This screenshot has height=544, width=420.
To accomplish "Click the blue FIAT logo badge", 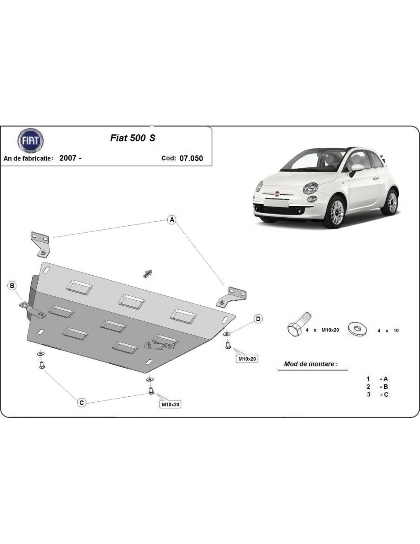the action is point(31,140).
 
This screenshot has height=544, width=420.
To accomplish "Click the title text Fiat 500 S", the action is point(132,138).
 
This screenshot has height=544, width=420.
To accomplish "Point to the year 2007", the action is point(68,158).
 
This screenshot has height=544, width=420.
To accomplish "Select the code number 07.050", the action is point(191,158).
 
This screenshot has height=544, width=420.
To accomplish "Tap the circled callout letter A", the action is point(172,220).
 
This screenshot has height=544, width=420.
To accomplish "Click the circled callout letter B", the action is point(12,286).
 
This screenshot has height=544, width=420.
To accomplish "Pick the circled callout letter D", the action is point(258,319).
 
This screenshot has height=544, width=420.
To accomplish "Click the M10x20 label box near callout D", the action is point(247,359).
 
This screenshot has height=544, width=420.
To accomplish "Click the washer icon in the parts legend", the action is point(357,328).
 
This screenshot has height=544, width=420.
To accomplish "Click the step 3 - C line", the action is point(378,394).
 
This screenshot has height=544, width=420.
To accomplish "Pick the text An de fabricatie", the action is point(28,158).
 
